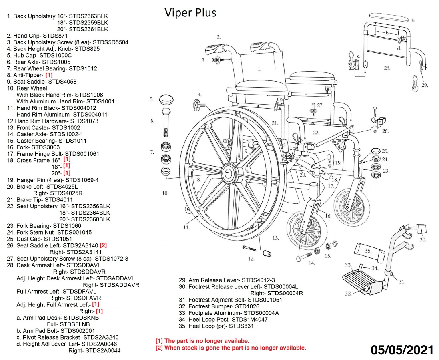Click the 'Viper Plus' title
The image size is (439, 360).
pos(190,13)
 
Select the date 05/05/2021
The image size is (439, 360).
pos(402,350)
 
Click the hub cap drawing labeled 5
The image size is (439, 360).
pos(166,99)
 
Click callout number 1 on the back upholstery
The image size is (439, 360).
pos(259,69)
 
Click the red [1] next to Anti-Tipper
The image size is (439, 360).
pos(49,75)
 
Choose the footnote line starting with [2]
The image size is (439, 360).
pos(231,348)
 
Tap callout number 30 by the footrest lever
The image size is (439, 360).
pos(423,240)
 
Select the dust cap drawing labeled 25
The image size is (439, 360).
pos(376,151)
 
